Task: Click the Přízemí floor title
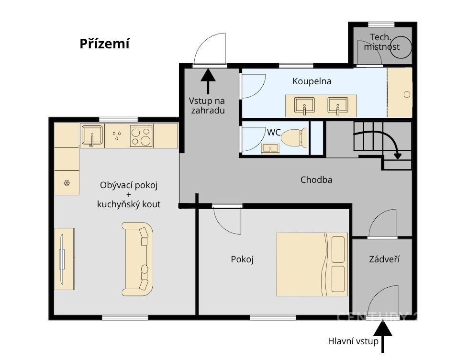104,44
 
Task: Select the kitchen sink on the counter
92,136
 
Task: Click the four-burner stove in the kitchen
141,136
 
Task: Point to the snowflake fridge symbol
67,183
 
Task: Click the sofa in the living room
138,259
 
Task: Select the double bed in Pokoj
312,264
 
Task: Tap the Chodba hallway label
316,180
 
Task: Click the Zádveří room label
384,259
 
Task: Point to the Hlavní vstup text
353,341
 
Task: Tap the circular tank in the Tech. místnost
401,47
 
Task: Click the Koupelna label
312,81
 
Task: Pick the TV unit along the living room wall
65,259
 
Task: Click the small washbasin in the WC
270,148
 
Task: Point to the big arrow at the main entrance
383,336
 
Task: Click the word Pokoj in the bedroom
242,259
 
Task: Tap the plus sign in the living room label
129,195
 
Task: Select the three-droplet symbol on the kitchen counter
117,136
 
